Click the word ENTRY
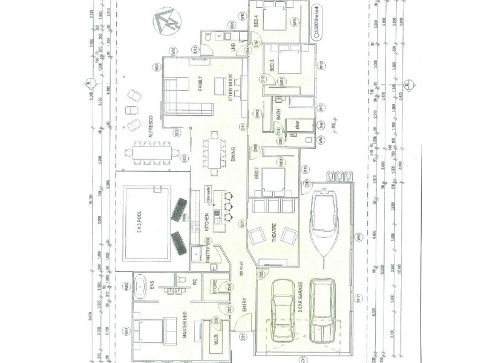click(x=245, y=309)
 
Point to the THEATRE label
click(x=273, y=233)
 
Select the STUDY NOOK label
click(x=231, y=87)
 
